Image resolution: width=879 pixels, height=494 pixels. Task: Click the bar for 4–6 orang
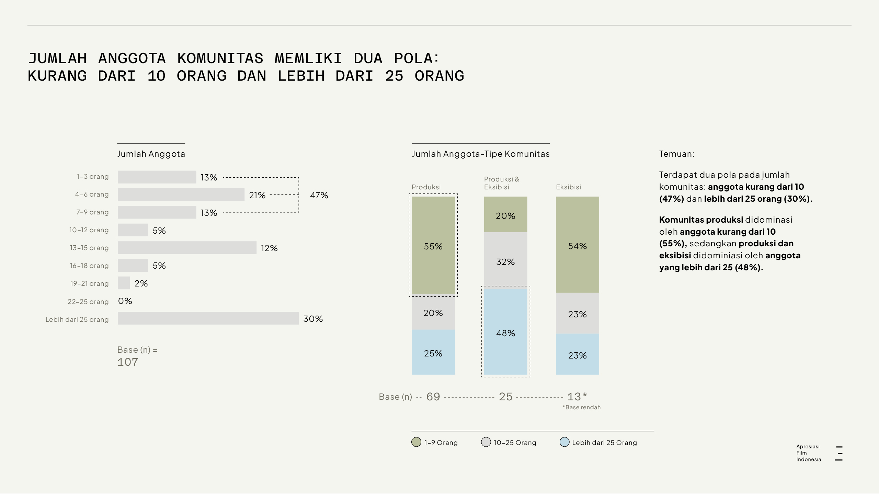point(181,195)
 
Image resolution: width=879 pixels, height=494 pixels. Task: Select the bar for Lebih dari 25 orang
point(208,318)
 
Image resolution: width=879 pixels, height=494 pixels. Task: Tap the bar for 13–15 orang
point(187,248)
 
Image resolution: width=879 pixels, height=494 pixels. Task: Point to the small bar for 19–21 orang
point(124,283)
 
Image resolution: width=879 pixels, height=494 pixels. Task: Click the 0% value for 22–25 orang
point(125,301)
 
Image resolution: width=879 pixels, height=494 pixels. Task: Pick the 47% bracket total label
point(319,195)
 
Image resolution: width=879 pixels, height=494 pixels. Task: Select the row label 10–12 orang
point(89,230)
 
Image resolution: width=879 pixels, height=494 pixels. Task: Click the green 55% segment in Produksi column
point(433,245)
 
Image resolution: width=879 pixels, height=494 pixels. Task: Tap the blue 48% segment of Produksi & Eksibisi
point(505,332)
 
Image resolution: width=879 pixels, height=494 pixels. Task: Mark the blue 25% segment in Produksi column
point(433,352)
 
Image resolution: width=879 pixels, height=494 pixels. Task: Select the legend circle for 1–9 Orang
point(416,442)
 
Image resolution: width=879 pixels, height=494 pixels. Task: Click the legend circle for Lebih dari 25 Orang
point(564,442)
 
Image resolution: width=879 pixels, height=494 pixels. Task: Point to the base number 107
point(128,362)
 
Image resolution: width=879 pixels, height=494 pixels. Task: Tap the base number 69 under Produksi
point(433,397)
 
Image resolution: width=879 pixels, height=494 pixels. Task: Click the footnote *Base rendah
point(582,407)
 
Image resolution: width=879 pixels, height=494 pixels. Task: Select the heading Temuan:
point(676,154)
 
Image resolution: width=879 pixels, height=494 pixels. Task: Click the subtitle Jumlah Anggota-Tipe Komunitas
point(481,154)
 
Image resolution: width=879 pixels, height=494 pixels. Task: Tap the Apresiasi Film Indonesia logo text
point(809,453)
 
